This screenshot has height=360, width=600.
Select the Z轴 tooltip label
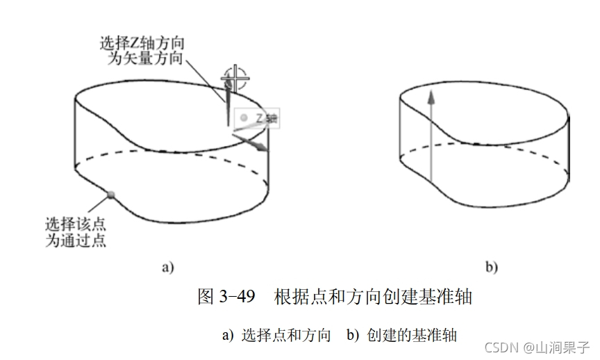pos(267,118)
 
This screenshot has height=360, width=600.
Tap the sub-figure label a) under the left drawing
pos(167,266)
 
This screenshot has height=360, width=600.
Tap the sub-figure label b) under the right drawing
pos(490,266)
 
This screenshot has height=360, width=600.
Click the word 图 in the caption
pos(206,297)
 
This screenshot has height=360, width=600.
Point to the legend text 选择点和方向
pos(286,334)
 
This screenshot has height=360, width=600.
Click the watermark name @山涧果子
pos(556,346)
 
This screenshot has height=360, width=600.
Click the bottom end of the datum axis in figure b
pos(431,182)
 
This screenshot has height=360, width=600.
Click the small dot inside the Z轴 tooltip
pos(244,118)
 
